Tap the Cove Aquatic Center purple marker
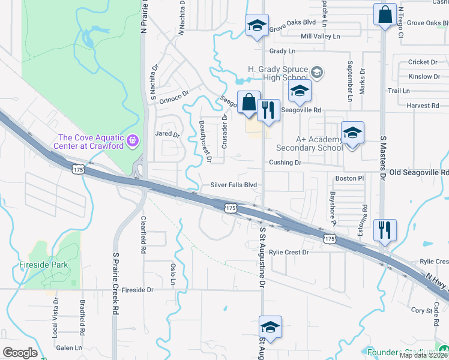133,141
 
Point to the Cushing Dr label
285,163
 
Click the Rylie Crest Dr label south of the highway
289,253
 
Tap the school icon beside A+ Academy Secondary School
352,134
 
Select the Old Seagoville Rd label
418,172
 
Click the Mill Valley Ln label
320,37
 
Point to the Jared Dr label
167,134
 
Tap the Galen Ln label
68,348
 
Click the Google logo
20,353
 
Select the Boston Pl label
350,178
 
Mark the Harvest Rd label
423,106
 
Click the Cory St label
418,310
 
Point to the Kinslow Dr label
424,77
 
